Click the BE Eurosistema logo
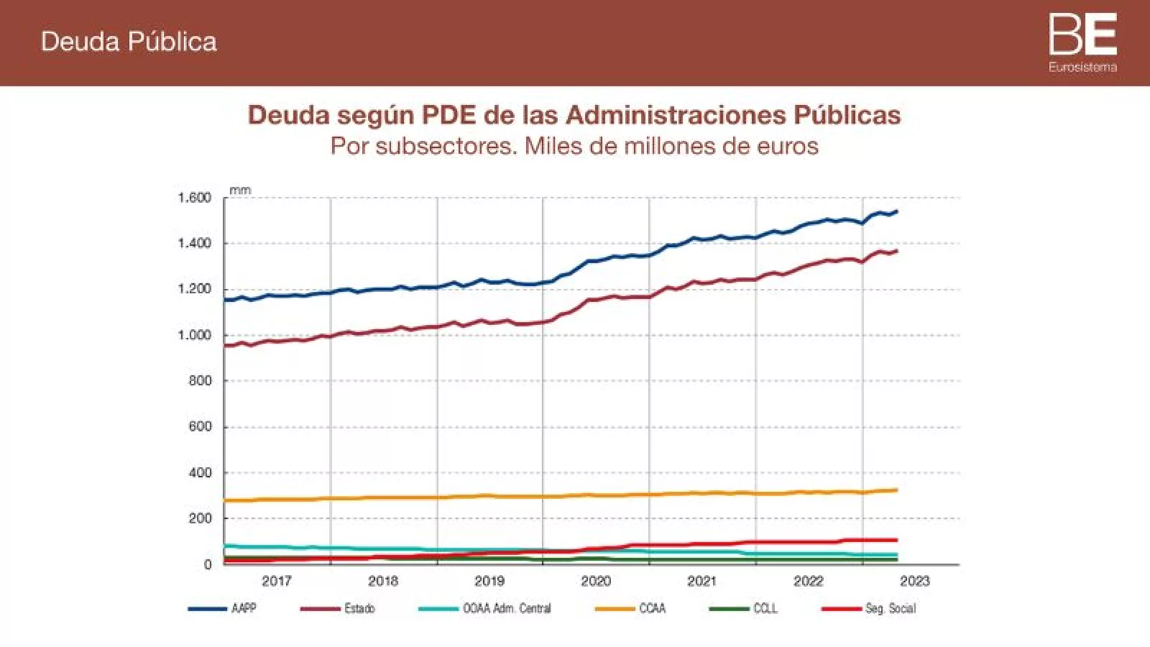[x=1082, y=42]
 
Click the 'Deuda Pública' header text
[x=129, y=42]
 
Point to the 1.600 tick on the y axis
[x=195, y=198]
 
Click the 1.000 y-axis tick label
[x=195, y=335]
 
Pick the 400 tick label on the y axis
[x=200, y=472]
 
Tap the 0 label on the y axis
[x=208, y=564]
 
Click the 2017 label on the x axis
[x=276, y=581]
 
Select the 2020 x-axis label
[x=595, y=581]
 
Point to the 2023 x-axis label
[x=914, y=581]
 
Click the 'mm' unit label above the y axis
[x=240, y=191]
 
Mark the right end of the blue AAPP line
[x=896, y=211]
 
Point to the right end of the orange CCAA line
[x=896, y=490]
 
